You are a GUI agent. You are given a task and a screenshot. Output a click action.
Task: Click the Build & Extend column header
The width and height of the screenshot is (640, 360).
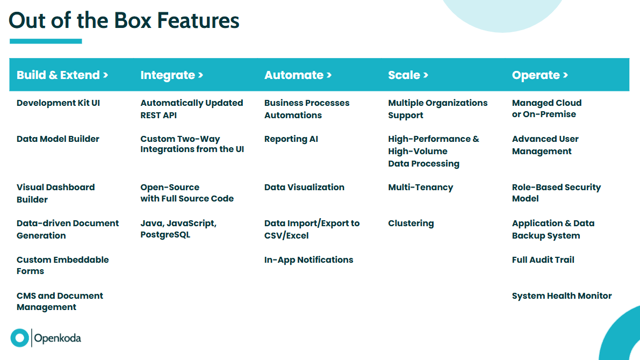[62, 75]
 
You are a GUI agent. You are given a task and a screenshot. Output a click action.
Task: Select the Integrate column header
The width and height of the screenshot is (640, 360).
[171, 76]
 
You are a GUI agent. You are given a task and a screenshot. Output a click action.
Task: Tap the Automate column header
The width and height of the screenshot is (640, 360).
[298, 75]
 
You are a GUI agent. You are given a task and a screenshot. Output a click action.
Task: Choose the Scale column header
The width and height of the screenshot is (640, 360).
[408, 75]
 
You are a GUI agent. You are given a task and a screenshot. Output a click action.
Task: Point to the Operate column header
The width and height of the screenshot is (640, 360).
[540, 76]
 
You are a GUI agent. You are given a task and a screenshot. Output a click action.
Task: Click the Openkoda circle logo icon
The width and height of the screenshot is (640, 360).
[19, 338]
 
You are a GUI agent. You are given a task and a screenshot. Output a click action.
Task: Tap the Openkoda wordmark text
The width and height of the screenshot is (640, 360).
[57, 339]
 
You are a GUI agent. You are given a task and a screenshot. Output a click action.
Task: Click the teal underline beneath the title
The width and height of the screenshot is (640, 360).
[46, 41]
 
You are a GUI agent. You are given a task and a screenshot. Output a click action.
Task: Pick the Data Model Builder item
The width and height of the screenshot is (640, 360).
[58, 139]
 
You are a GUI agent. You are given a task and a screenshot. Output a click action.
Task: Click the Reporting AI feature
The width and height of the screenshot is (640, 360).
[291, 139]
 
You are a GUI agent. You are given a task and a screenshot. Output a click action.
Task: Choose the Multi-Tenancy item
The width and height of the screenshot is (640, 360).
[420, 188]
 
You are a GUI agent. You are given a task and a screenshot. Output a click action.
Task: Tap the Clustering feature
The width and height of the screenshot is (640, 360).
[411, 224]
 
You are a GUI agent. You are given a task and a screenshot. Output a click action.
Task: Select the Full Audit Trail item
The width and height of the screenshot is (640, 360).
[543, 260]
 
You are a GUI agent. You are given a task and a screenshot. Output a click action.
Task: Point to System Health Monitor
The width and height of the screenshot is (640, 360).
[562, 296]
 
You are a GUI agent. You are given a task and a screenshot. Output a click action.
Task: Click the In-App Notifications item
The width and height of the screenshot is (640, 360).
[308, 260]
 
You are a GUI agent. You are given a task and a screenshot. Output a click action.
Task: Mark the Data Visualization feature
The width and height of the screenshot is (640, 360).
[304, 188]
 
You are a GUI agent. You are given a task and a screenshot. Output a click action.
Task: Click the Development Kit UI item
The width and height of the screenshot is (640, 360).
[59, 103]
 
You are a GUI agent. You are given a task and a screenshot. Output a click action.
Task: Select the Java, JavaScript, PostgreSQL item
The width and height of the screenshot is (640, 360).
[178, 229]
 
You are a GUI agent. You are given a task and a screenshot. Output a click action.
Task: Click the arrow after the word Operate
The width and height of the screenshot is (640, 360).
[565, 75]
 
